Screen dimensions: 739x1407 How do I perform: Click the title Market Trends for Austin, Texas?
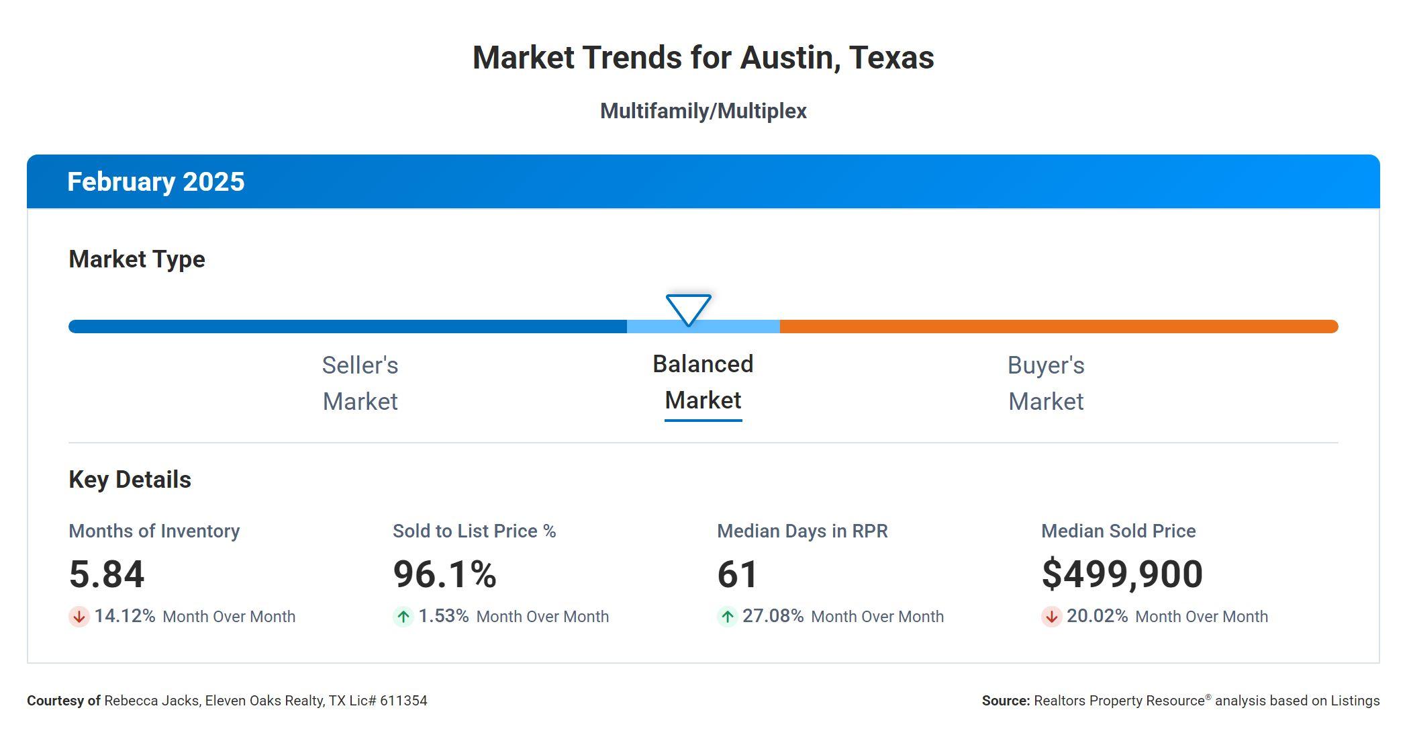coord(703,58)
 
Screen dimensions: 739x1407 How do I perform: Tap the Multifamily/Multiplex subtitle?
coord(703,111)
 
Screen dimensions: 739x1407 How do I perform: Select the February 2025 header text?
coord(156,182)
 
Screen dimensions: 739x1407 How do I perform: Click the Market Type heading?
coord(137,259)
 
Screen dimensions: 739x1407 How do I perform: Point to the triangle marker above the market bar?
coord(688,308)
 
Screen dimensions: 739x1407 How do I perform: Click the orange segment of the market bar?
coord(1058,327)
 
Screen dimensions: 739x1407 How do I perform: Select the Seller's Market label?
coord(360,383)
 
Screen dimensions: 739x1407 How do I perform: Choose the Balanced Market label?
coord(703,382)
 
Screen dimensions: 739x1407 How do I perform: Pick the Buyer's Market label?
coord(1046,383)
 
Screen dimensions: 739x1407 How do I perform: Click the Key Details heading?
coord(130,480)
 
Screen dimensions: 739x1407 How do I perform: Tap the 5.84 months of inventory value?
coord(107,574)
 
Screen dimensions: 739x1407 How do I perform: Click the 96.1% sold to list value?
coord(444,574)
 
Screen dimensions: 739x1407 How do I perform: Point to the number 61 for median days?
coord(737,574)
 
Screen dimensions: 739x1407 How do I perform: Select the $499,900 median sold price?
coord(1122,574)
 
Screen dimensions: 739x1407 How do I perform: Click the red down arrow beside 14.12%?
coord(79,617)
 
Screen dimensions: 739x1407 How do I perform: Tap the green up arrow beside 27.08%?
coord(727,617)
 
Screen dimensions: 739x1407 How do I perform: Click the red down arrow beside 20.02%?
coord(1051,617)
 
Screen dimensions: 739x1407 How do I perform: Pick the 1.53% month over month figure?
coord(443,616)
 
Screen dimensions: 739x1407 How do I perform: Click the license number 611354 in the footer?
coord(403,701)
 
